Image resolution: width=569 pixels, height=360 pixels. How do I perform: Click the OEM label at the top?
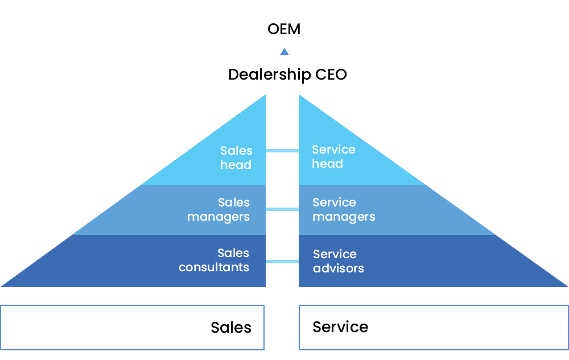tap(284, 29)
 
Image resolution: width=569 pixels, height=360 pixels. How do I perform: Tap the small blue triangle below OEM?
tap(284, 52)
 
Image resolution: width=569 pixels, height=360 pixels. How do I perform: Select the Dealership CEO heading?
tap(287, 75)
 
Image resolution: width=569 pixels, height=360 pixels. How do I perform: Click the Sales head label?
tap(236, 158)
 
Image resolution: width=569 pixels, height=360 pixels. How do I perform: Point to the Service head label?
tap(333, 156)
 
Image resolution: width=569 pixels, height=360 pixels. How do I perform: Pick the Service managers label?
tap(344, 209)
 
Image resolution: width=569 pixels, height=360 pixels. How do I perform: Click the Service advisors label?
tap(338, 261)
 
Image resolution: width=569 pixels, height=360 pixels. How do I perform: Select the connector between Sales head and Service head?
tap(282, 151)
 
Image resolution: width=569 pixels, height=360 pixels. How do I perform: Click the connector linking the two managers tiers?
tap(282, 209)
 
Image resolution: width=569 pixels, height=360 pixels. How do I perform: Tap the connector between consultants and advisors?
tap(282, 262)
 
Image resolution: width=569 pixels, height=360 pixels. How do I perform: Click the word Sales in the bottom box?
tap(231, 327)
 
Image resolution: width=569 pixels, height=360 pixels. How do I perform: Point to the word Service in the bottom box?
tap(340, 327)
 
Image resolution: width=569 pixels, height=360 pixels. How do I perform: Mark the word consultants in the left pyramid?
tap(214, 267)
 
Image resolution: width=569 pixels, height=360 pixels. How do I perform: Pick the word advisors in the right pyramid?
tap(338, 268)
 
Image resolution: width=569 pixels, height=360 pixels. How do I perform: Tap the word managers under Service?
tap(344, 217)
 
